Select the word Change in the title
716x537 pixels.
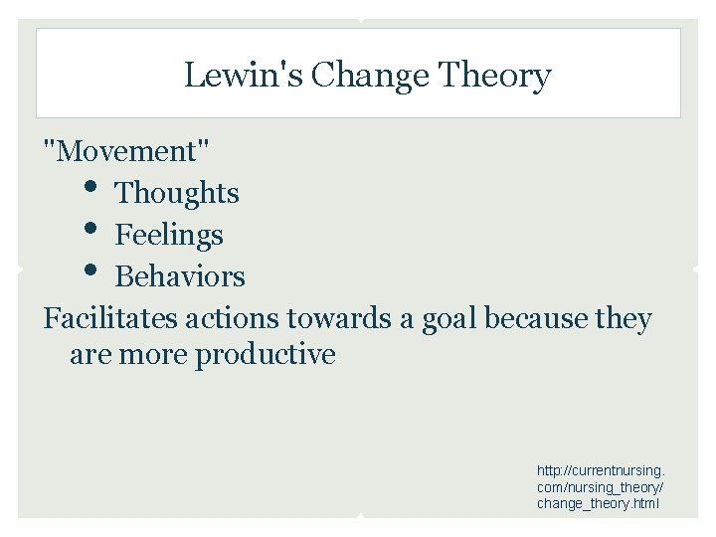(355, 76)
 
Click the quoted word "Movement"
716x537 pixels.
(126, 151)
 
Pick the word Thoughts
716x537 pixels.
(177, 193)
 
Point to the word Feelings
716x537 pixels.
(169, 235)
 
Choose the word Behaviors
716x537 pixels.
(180, 276)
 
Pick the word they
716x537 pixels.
(625, 319)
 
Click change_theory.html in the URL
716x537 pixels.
(597, 503)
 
